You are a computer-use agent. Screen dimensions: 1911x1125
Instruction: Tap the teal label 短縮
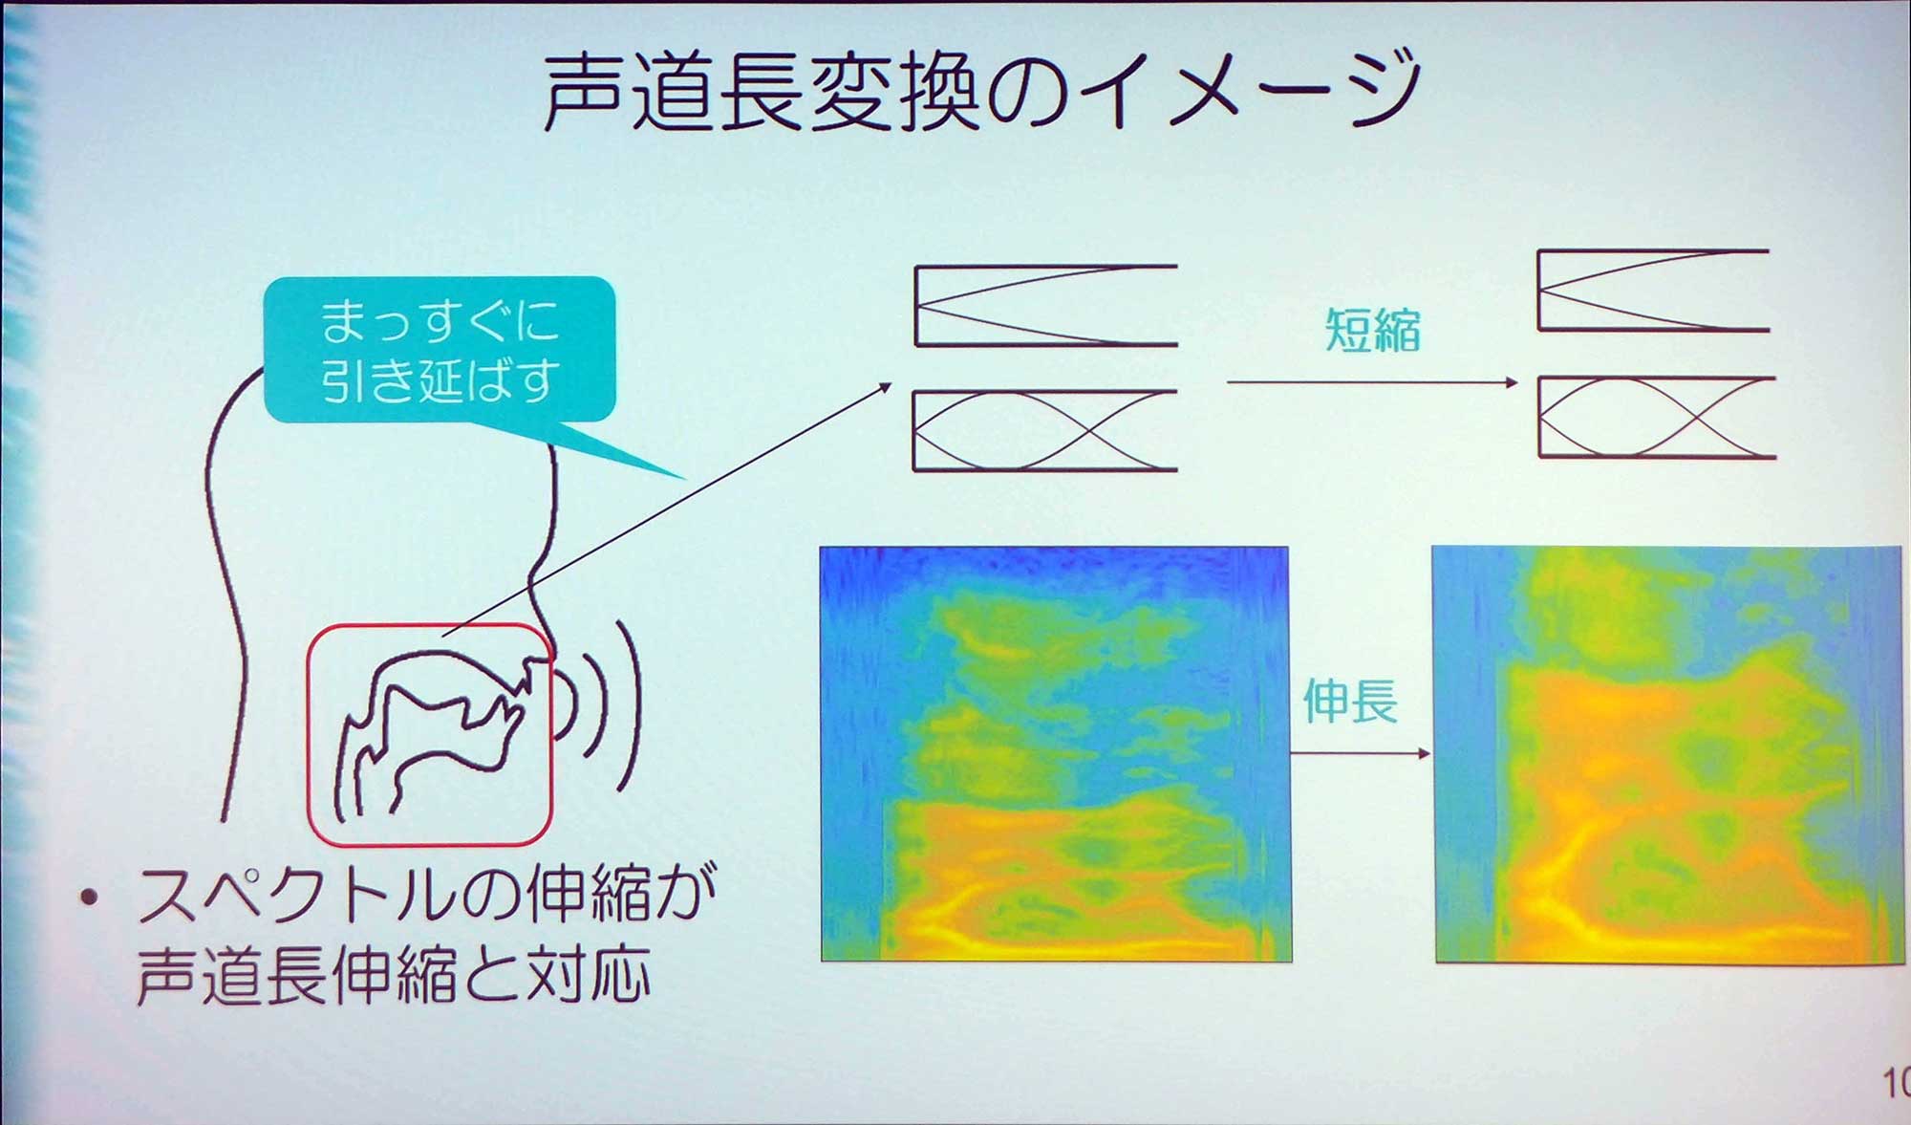pos(1372,331)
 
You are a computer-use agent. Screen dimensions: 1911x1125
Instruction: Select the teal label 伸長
pos(1350,701)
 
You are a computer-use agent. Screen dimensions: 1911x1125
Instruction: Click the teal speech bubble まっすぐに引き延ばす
pos(440,349)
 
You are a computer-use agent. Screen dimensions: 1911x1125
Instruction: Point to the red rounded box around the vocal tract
pos(308,736)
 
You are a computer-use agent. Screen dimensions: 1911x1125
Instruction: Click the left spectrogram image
pos(1056,753)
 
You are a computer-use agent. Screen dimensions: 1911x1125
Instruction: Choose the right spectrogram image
pos(1668,753)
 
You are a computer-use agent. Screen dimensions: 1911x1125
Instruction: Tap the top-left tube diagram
pos(1045,305)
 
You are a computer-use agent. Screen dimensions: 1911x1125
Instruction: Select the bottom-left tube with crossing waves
pos(1044,430)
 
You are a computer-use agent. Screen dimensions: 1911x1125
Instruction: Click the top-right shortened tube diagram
pos(1653,290)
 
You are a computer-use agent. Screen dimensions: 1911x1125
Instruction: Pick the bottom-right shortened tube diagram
pos(1657,417)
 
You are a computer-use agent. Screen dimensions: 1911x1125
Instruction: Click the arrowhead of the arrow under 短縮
pos(1511,382)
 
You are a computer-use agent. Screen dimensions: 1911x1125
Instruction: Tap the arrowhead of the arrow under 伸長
pos(1424,753)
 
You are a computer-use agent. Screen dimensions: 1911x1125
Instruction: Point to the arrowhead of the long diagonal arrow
pos(884,387)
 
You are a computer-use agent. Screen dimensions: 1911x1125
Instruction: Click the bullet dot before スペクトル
pos(91,898)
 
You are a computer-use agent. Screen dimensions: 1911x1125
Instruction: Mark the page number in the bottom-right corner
pos(1897,1082)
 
